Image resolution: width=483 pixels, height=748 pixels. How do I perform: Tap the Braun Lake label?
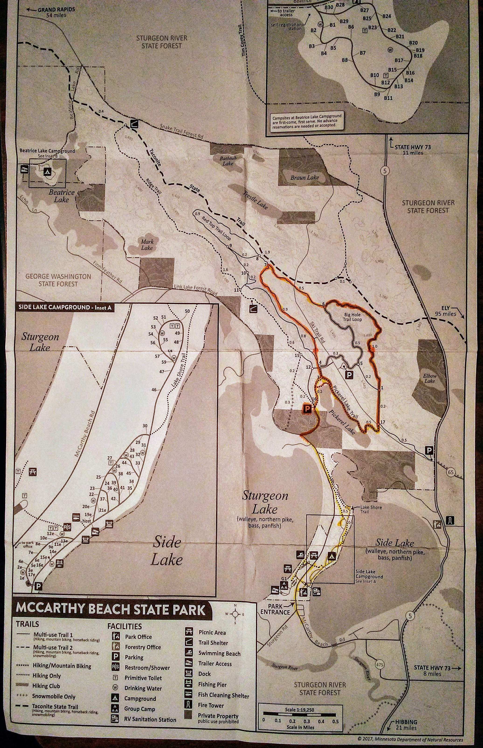pyautogui.click(x=304, y=177)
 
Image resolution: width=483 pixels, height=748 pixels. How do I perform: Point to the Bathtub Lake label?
pyautogui.click(x=228, y=161)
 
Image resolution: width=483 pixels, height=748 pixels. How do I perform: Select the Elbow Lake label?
pyautogui.click(x=429, y=378)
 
